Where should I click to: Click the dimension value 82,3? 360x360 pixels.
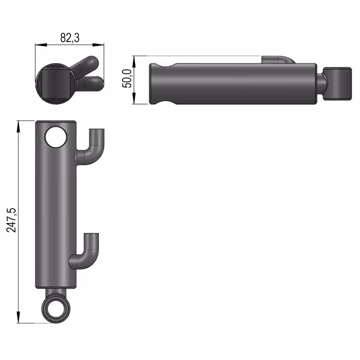coord(70,38)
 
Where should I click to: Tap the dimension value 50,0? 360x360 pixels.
coord(127,78)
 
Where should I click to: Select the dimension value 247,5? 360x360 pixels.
coord(11,220)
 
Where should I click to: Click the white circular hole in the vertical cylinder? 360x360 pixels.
coord(56,137)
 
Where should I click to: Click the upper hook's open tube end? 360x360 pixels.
coord(97,130)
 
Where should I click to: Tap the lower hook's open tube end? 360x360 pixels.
coord(91,235)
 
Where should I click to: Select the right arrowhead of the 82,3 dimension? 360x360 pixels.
coord(98,45)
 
